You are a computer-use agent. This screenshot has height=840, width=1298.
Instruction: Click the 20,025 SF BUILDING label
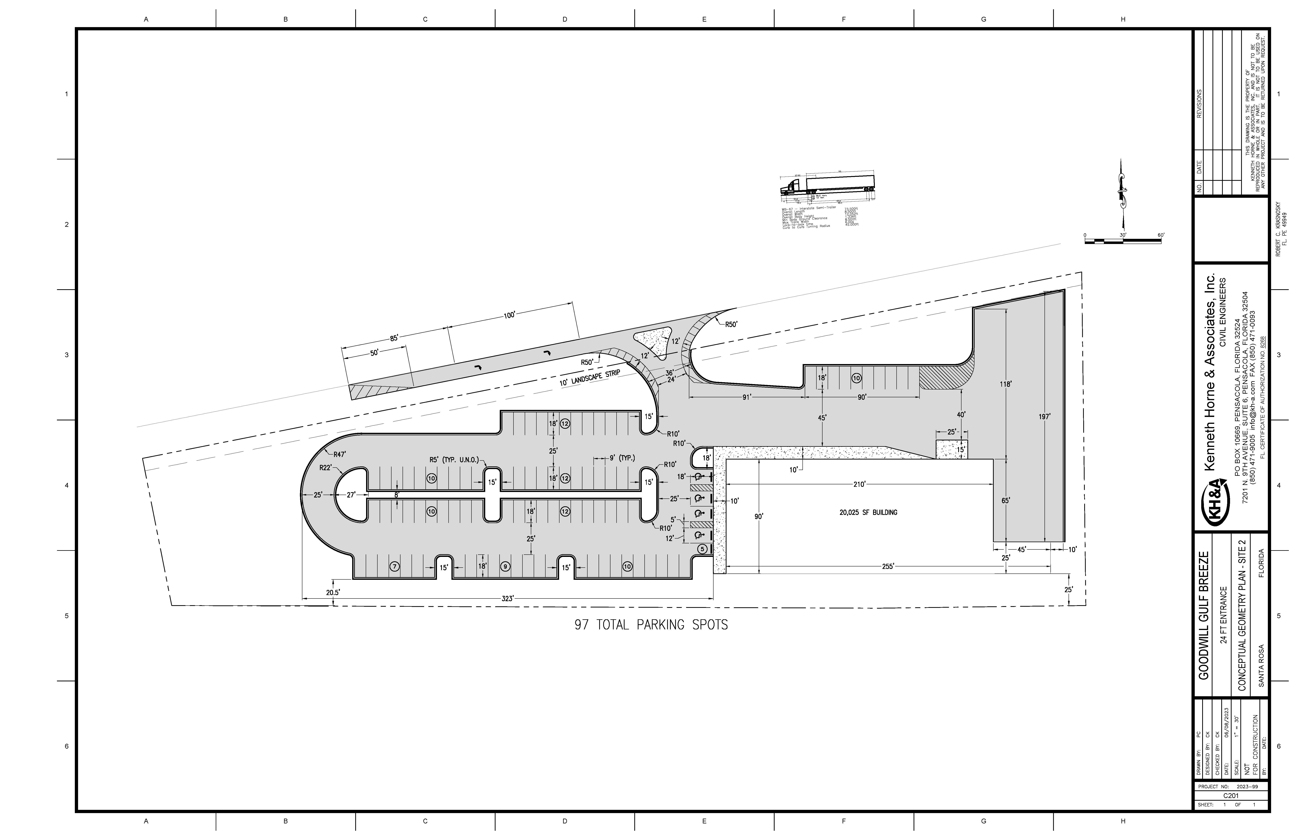[868, 513]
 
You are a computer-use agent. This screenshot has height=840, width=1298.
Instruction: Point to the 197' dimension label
[1044, 417]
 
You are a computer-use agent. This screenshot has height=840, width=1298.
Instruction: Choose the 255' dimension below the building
[888, 567]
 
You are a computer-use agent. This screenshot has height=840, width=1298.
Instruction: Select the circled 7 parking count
[395, 567]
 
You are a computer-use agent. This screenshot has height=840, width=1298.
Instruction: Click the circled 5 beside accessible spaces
[702, 549]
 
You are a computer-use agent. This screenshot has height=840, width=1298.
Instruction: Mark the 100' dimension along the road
[509, 315]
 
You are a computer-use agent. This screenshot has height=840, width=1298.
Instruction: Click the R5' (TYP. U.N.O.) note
[454, 460]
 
